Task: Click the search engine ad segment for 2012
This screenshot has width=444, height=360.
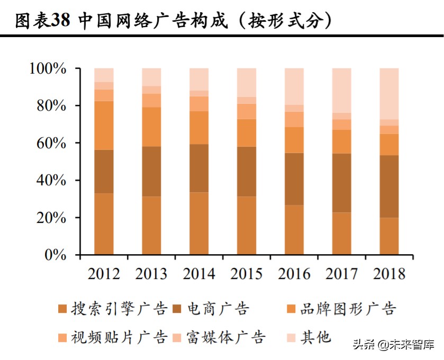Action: tap(104, 224)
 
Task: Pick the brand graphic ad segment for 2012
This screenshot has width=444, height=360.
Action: tap(104, 125)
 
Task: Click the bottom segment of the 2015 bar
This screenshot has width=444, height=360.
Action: tap(247, 226)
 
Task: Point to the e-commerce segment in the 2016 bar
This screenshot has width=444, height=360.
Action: tap(294, 179)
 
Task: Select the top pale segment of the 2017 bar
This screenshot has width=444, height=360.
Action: tap(341, 91)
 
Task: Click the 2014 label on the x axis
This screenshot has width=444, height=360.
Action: tap(199, 274)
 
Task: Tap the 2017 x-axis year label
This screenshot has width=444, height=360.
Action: tap(341, 274)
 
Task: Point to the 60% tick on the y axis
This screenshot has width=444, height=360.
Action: tap(51, 143)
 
